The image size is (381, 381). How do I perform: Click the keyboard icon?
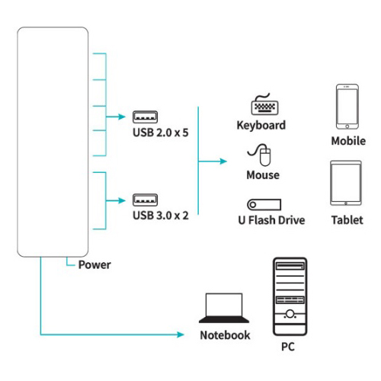tap(264, 104)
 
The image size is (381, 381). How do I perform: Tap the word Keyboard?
tap(261, 126)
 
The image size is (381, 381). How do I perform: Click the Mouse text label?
tap(263, 175)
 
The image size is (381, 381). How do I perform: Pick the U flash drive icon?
tap(264, 204)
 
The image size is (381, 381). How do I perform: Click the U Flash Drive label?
tap(271, 220)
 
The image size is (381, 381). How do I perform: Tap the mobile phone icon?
tap(347, 107)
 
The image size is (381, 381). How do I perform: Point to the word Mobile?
tap(348, 141)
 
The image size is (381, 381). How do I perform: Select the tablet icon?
tap(346, 183)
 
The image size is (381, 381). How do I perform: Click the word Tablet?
tap(347, 220)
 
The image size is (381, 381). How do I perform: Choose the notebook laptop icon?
tap(224, 308)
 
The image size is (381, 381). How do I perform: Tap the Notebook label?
tap(225, 335)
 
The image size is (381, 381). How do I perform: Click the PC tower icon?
tap(290, 296)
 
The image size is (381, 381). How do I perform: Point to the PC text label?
tap(288, 347)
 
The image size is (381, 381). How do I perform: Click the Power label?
tap(94, 264)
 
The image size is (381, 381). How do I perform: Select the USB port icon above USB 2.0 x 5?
tap(145, 117)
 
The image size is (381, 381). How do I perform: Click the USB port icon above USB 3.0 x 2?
tap(145, 200)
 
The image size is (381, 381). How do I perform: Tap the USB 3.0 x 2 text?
tap(161, 216)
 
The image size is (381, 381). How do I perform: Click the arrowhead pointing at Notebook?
tap(181, 335)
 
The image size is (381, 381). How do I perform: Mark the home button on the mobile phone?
tap(347, 126)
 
